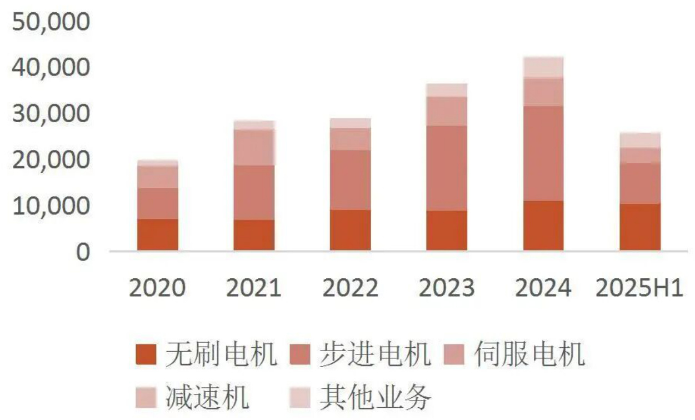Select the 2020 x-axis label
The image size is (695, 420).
click(157, 288)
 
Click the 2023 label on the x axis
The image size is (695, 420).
click(447, 288)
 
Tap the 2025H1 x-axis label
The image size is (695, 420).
click(639, 288)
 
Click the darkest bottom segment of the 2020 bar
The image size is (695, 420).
click(158, 234)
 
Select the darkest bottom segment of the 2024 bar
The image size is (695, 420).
click(543, 226)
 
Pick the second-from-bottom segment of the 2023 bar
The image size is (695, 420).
click(447, 168)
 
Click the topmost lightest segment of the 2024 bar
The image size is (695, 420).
click(543, 67)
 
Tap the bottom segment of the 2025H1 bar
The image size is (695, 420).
click(640, 227)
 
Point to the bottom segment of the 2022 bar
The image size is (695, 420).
click(350, 230)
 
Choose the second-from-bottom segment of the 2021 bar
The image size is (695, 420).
click(254, 192)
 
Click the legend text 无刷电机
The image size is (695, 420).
click(221, 355)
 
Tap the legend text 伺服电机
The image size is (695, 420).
click(529, 355)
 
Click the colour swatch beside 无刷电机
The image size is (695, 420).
click(147, 355)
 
